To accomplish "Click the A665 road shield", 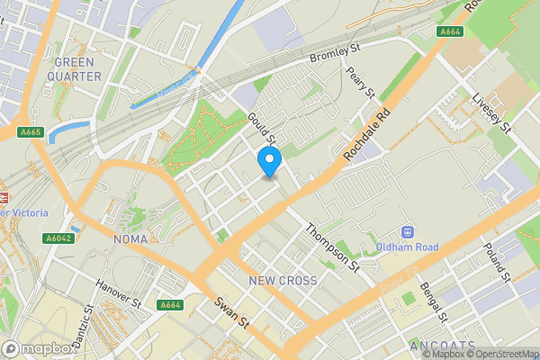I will click(29, 132).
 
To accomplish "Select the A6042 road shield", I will click(57, 238).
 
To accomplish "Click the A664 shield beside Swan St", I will click(171, 305).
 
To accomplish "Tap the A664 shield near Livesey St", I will click(450, 31).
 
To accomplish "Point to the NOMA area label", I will click(131, 239).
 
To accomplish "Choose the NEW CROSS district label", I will click(283, 281).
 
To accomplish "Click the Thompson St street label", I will click(330, 247).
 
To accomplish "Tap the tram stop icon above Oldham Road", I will click(407, 232).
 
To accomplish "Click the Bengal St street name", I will click(432, 302).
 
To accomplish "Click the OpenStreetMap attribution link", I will click(498, 354).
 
